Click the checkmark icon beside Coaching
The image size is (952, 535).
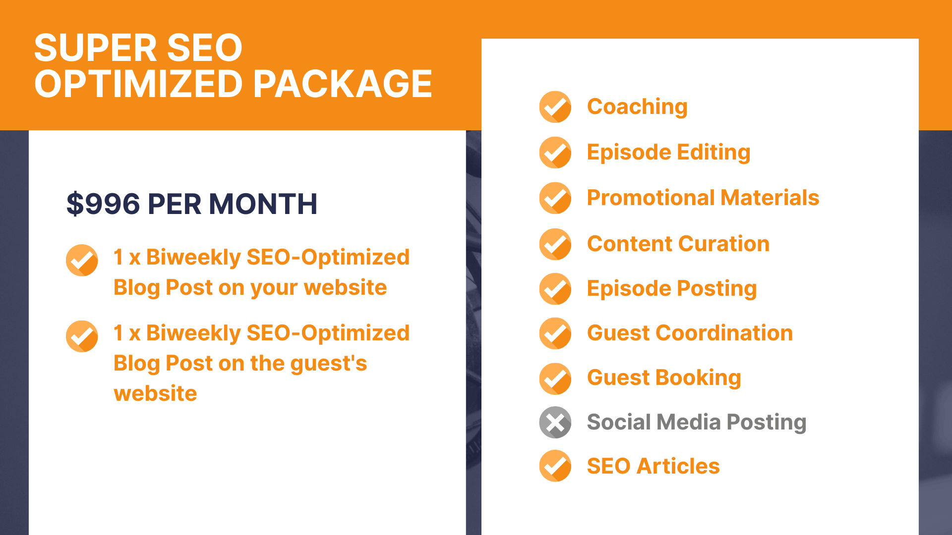[555, 107]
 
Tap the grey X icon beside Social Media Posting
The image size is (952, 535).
[555, 423]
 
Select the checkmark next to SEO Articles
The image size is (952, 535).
[555, 466]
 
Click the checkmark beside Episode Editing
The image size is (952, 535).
[555, 153]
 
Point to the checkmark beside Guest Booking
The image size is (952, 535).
[555, 379]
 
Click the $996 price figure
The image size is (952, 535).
[103, 204]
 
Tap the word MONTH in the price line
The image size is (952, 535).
[263, 204]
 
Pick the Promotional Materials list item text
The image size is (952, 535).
[703, 198]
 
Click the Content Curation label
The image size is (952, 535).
[678, 244]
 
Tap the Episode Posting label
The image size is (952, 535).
[672, 289]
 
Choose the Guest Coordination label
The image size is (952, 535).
[690, 333]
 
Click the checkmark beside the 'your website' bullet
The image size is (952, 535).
[82, 260]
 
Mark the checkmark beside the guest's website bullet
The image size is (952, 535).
[82, 336]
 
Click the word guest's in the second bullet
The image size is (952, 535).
[329, 364]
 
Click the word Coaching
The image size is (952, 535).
[637, 107]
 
